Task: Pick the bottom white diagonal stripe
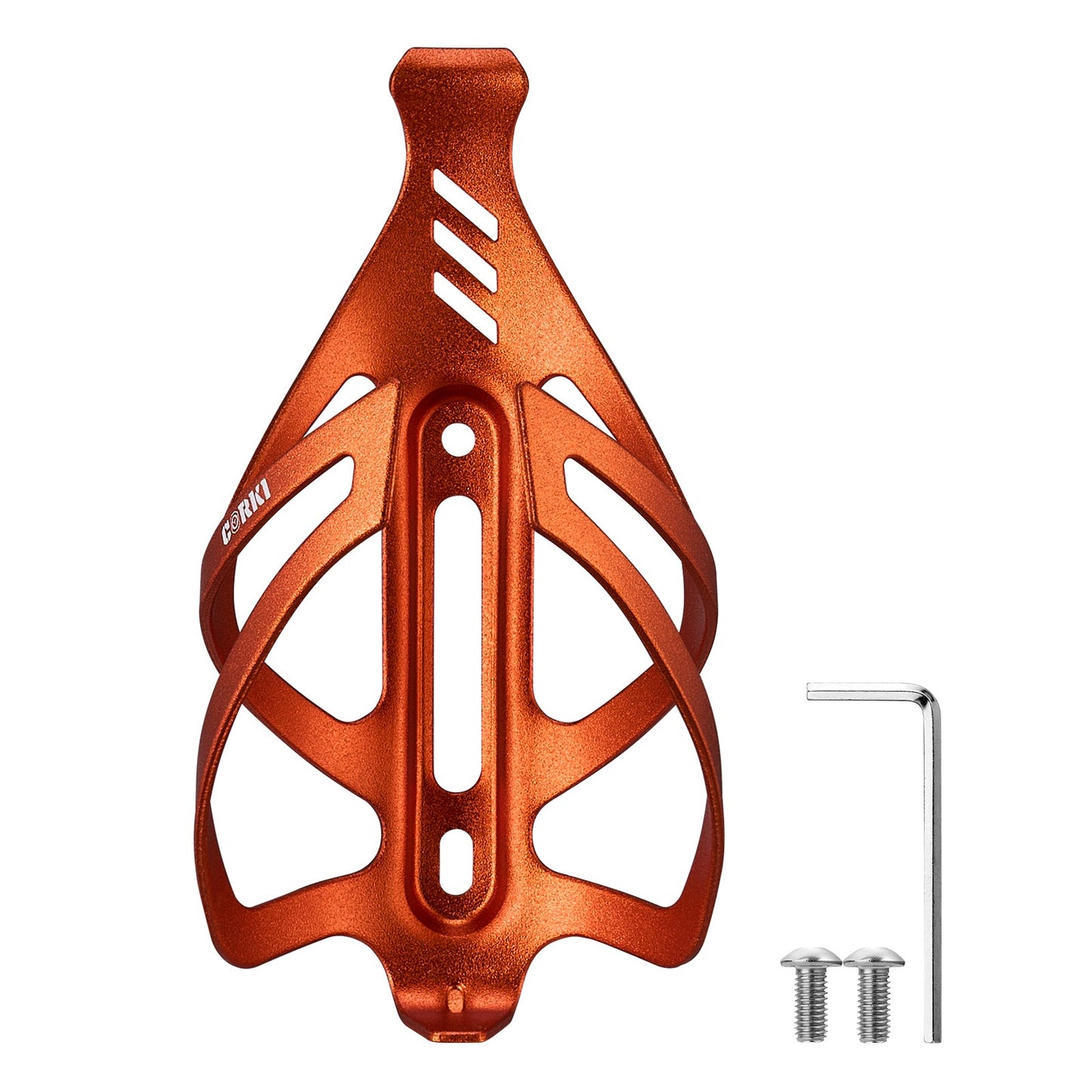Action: [x=465, y=304]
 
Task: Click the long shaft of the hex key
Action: [x=933, y=868]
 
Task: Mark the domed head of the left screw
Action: [x=810, y=957]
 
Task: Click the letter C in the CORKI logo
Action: [x=227, y=533]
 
